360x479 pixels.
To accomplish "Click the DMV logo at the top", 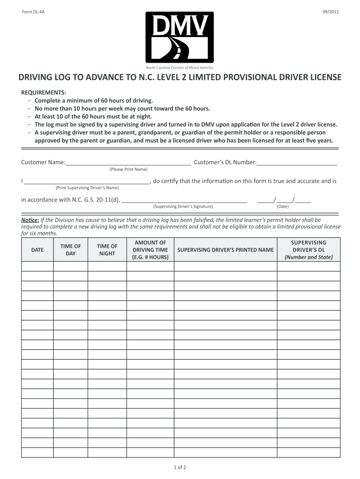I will (x=180, y=37).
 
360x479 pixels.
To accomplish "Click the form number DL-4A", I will (x=33, y=12).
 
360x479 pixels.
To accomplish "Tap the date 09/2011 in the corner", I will (x=330, y=12).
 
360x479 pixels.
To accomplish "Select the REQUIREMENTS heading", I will (x=43, y=93).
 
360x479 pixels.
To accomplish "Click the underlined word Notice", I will (x=30, y=220).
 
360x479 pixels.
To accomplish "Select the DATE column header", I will (x=37, y=250).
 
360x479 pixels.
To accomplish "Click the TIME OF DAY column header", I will (x=71, y=250).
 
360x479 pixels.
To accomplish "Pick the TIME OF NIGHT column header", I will (x=107, y=250).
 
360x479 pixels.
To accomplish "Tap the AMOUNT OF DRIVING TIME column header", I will (x=150, y=250).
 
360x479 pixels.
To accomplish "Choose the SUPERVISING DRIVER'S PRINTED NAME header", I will (x=225, y=250).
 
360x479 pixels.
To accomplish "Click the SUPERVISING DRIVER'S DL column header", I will (x=309, y=250).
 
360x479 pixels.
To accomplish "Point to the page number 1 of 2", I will (x=180, y=467).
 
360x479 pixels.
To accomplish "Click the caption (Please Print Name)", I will (x=128, y=169).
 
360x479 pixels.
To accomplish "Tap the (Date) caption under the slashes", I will (x=282, y=206).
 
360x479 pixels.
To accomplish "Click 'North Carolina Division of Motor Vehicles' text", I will (x=180, y=68).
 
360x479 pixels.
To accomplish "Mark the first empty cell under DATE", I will (x=37, y=266).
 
